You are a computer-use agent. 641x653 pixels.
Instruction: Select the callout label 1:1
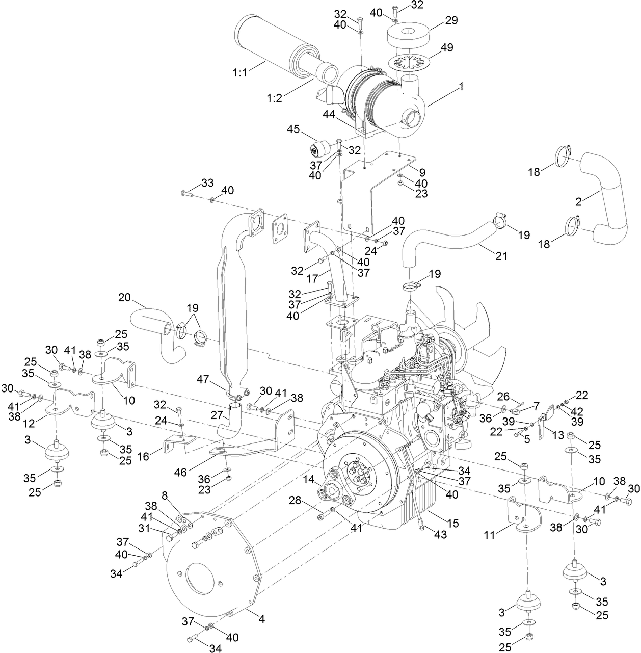(x=241, y=73)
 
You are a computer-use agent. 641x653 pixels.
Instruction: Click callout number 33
(x=207, y=182)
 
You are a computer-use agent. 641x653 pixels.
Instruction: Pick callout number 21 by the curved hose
(x=502, y=256)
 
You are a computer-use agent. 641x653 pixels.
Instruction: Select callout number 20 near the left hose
(x=125, y=297)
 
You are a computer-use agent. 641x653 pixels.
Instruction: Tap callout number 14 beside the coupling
(x=309, y=479)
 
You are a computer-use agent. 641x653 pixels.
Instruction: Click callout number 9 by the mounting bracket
(x=422, y=172)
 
